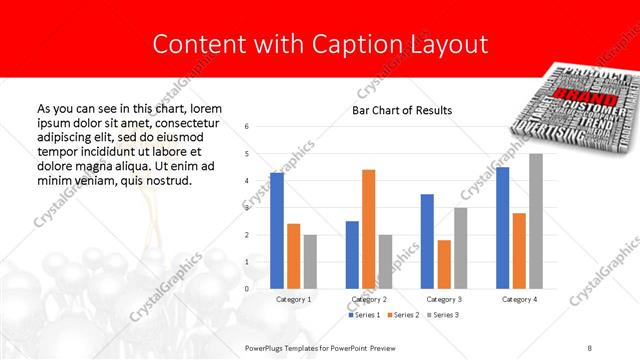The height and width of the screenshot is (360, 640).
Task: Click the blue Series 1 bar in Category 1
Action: tap(276, 231)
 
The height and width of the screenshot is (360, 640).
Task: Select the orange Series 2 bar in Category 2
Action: tap(368, 229)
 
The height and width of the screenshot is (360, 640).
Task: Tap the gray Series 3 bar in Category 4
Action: tap(536, 221)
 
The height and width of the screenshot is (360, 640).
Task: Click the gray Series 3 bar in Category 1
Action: tap(310, 262)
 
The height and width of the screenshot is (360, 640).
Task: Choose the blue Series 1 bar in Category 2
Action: tap(352, 255)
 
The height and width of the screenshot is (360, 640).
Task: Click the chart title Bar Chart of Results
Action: tap(402, 110)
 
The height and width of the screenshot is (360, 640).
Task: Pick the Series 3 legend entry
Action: tap(444, 315)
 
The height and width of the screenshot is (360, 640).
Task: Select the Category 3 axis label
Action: tap(444, 299)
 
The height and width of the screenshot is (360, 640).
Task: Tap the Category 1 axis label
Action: tap(293, 299)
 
